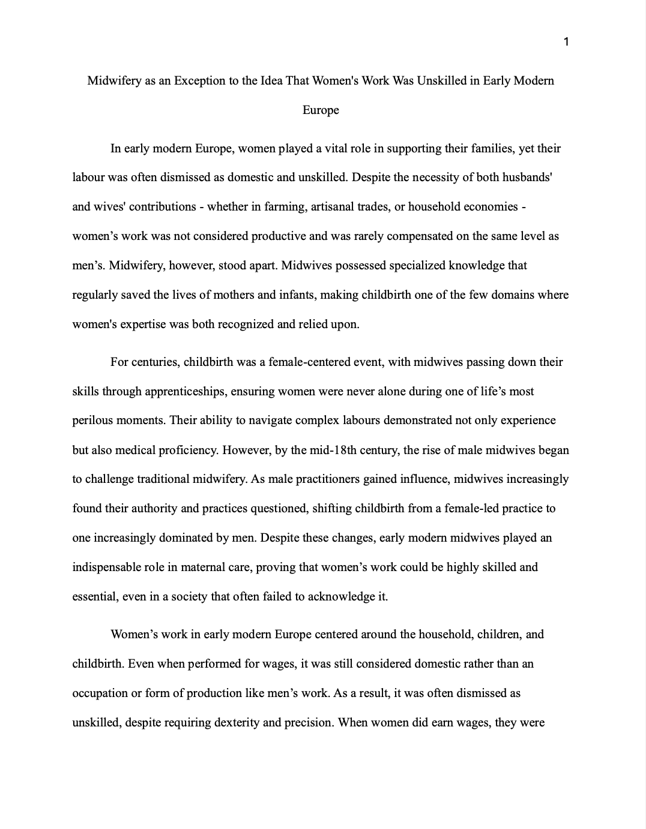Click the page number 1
[x=567, y=41]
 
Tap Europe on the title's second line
[x=321, y=110]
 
